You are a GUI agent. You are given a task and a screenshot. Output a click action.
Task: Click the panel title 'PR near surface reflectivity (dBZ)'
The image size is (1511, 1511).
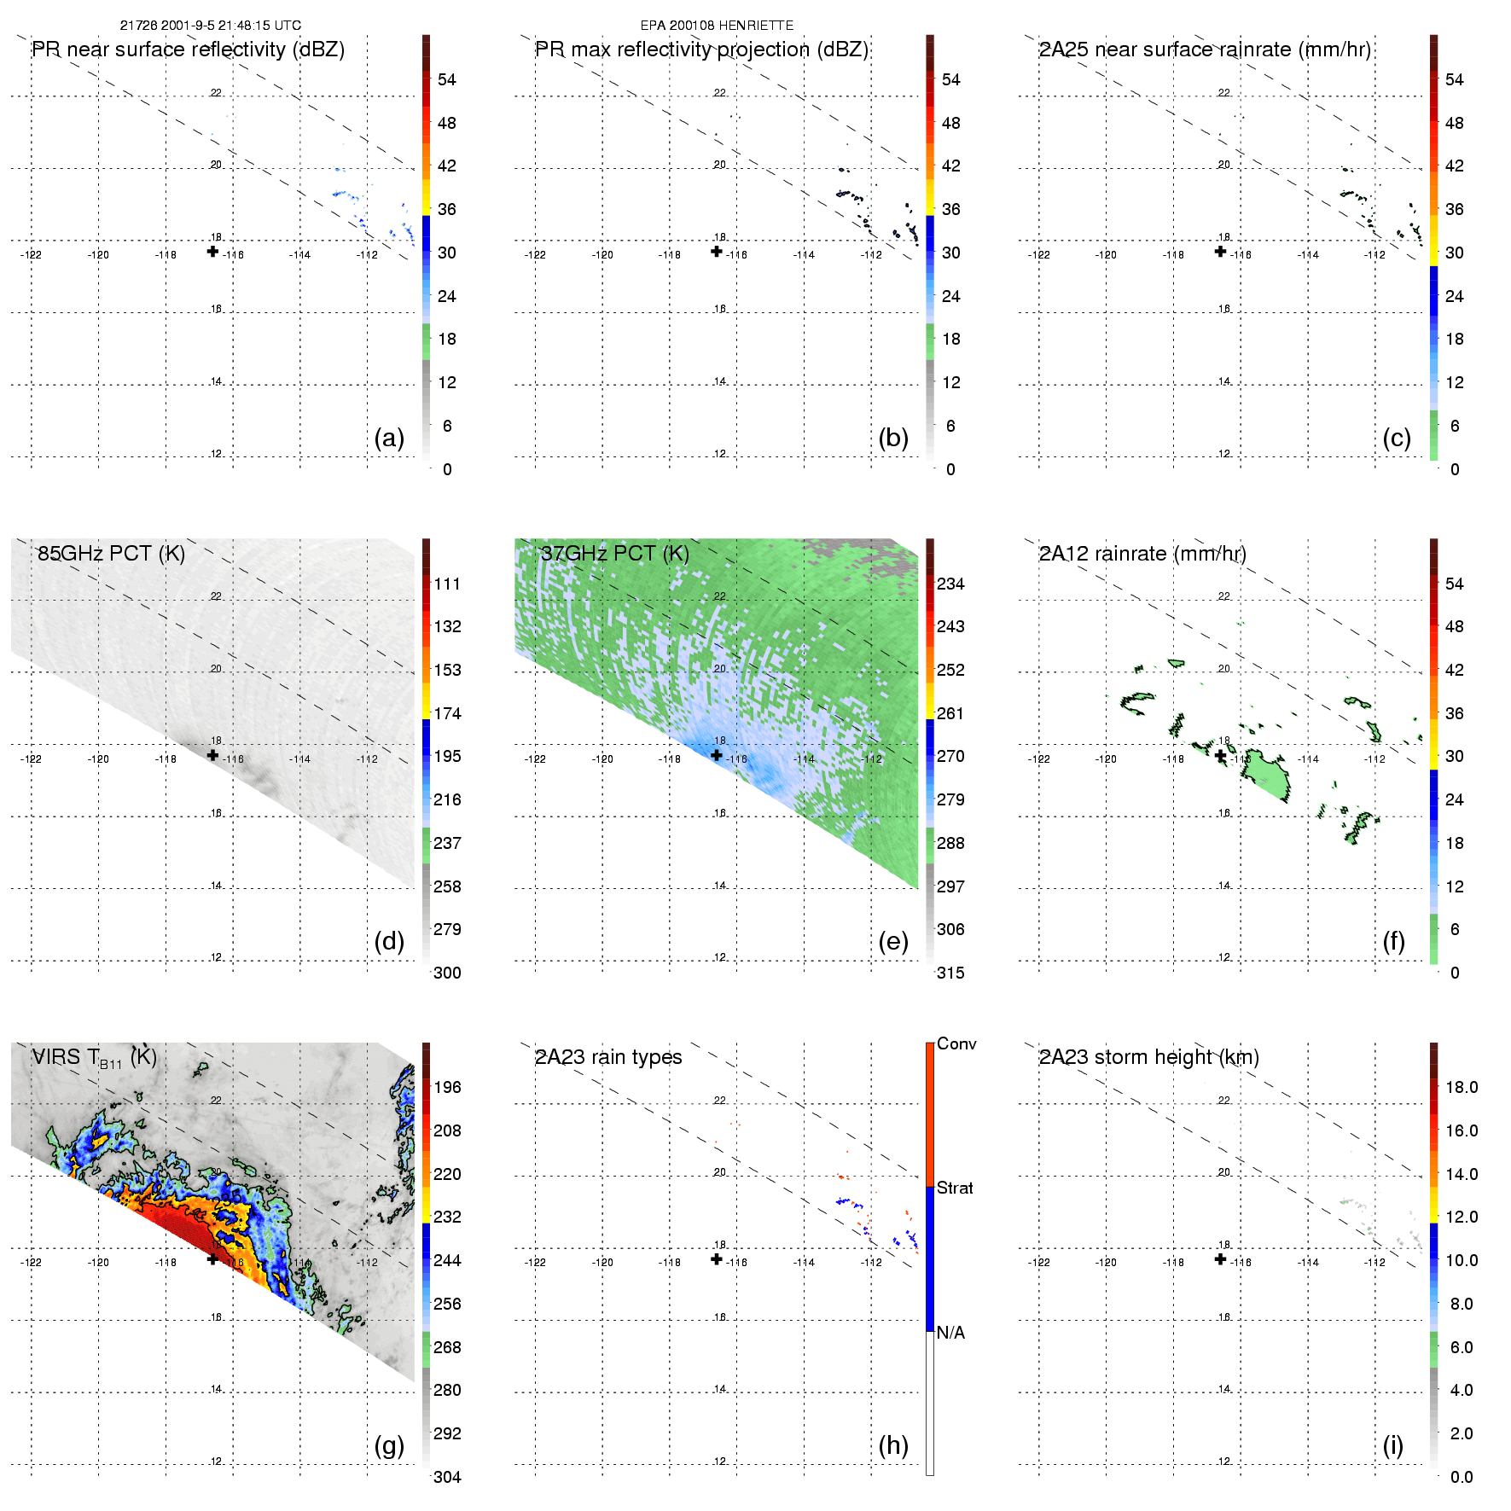188,49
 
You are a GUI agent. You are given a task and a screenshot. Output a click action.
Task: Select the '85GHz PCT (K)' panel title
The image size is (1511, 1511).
111,554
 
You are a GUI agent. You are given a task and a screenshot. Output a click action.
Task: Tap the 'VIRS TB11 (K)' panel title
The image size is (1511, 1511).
94,1058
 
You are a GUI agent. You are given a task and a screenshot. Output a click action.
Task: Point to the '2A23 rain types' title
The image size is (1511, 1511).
608,1058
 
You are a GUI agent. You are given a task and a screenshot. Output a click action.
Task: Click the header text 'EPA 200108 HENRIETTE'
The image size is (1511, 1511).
717,26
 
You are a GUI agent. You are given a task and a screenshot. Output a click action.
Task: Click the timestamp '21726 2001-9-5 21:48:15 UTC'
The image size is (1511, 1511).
210,26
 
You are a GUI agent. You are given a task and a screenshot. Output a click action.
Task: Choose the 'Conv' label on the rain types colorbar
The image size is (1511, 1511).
956,1044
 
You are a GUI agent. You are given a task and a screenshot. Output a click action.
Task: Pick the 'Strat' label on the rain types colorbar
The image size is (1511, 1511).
955,1188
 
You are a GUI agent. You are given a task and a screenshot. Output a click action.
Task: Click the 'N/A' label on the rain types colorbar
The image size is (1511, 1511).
950,1333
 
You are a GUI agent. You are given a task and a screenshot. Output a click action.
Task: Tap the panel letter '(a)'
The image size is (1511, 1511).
389,438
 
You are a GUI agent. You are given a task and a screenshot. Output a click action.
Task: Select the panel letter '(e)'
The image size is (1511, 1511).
893,941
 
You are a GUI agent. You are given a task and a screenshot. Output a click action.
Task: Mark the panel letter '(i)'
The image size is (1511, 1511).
1392,1445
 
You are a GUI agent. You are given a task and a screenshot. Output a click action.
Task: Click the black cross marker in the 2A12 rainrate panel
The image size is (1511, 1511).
1221,756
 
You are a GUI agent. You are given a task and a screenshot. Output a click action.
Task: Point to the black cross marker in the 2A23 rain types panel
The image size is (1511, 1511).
717,1259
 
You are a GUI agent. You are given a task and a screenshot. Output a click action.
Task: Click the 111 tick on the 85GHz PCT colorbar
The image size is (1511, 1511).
447,584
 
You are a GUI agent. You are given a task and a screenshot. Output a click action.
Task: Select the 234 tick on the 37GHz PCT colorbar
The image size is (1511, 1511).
950,584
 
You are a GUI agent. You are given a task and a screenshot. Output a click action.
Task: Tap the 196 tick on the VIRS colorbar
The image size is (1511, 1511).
447,1088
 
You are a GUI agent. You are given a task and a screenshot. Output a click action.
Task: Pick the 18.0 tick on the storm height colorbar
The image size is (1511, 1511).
1462,1088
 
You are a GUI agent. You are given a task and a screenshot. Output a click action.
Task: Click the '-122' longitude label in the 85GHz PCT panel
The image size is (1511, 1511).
31,759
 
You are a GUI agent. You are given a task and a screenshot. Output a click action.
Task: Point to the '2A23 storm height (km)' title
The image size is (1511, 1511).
1148,1058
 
